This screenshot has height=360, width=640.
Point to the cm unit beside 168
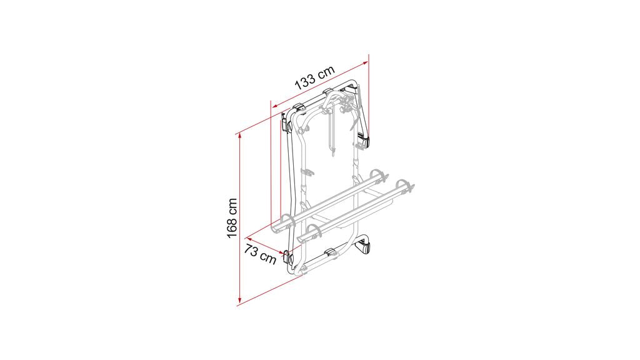coord(232,207)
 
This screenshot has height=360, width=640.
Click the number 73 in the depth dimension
coord(251,251)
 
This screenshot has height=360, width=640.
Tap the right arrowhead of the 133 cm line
coord(365,62)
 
